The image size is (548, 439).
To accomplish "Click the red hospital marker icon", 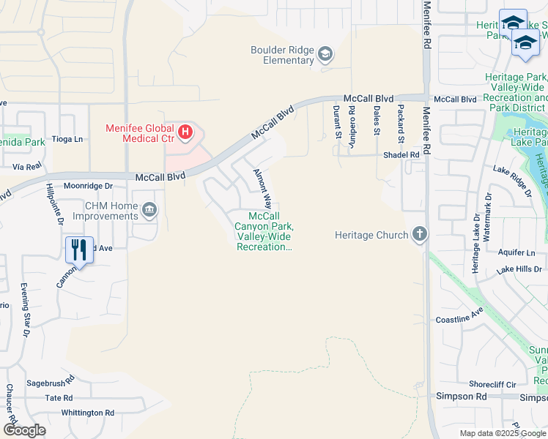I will [186, 132].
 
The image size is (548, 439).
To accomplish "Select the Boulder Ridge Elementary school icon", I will [325, 53].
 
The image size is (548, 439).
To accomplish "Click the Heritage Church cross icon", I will [419, 235].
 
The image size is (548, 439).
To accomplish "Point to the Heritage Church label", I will [371, 235].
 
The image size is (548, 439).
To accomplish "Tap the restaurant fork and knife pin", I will [78, 250].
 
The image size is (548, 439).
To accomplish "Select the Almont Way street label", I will [262, 189].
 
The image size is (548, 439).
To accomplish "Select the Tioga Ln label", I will [67, 138].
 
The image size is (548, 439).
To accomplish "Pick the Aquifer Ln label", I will [516, 253].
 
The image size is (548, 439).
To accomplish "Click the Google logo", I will [24, 429].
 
